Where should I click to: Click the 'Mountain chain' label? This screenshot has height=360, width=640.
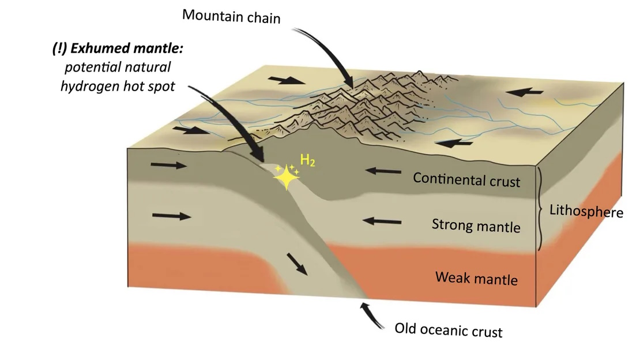click(231, 16)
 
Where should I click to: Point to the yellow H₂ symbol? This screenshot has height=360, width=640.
click(307, 162)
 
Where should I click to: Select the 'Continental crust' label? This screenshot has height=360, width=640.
click(466, 179)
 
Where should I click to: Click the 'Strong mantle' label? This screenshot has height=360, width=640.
click(476, 225)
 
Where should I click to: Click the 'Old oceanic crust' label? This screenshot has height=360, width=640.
click(448, 331)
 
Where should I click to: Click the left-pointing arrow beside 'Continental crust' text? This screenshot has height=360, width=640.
click(383, 171)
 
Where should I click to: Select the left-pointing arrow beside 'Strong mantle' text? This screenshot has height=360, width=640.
click(383, 220)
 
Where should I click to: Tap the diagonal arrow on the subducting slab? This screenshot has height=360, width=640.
click(298, 264)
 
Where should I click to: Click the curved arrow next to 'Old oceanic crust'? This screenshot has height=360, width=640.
click(372, 316)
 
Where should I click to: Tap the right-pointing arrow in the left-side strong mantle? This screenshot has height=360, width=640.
click(171, 216)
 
